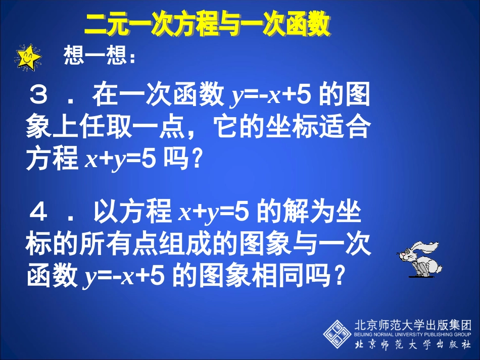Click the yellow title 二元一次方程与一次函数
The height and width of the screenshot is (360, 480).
207,24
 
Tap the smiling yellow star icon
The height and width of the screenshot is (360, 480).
28,57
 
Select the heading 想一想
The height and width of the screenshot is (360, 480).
99,57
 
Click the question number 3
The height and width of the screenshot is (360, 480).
39,96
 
